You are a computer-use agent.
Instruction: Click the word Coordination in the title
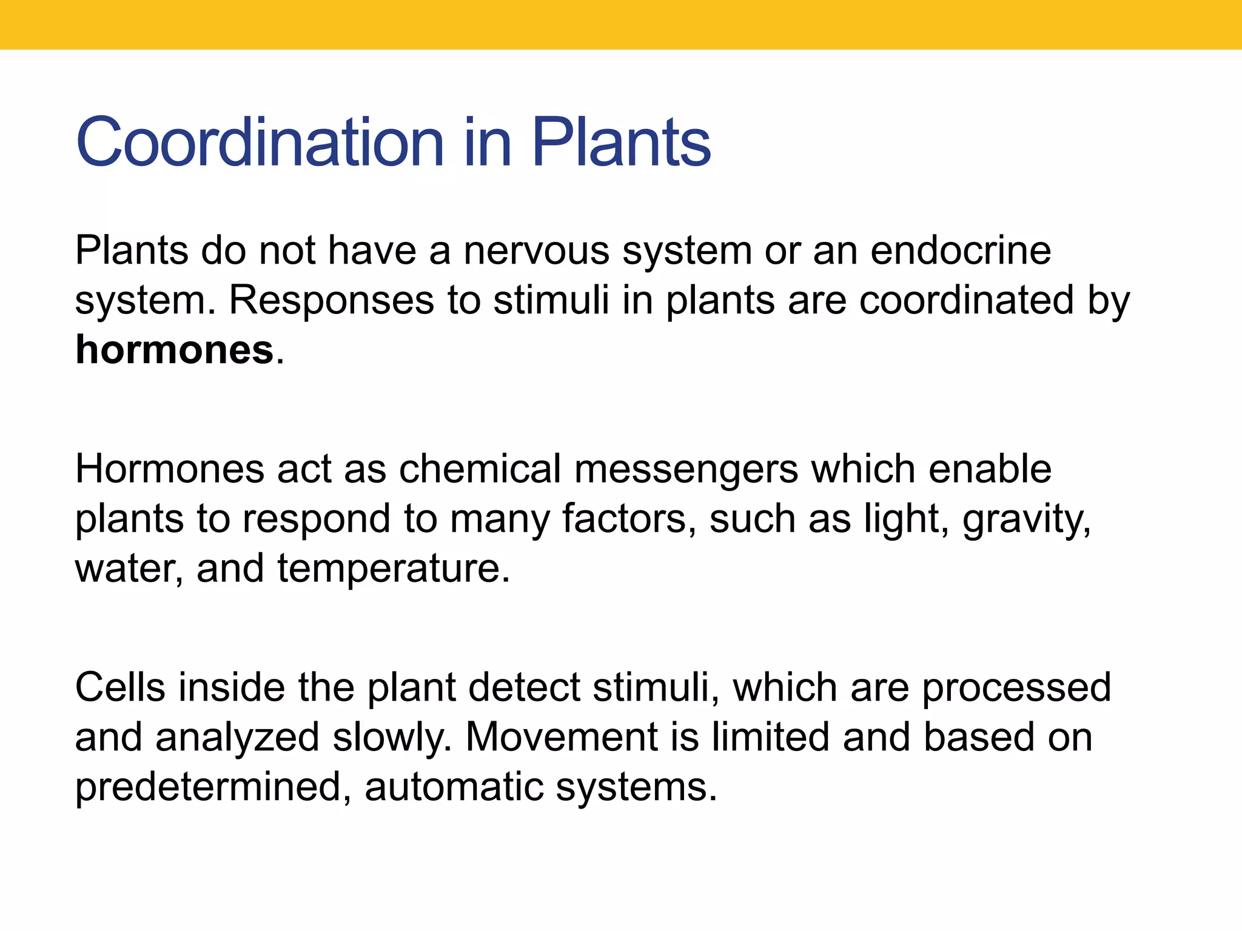[261, 142]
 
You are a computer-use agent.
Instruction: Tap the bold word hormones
[174, 350]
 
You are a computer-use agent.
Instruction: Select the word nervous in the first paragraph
[536, 250]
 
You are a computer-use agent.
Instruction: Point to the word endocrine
[961, 250]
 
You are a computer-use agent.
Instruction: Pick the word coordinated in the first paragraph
[967, 301]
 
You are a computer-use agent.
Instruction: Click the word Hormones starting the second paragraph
[170, 469]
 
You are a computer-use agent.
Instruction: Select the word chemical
[480, 469]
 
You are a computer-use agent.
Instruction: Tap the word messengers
[686, 470]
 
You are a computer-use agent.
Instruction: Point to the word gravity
[1026, 520]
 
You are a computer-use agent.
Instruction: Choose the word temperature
[394, 570]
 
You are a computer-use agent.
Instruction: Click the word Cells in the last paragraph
[120, 687]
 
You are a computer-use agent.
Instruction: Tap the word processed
[1016, 689]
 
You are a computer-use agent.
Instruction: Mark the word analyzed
[237, 738]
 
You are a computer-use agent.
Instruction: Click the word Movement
[561, 738]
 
